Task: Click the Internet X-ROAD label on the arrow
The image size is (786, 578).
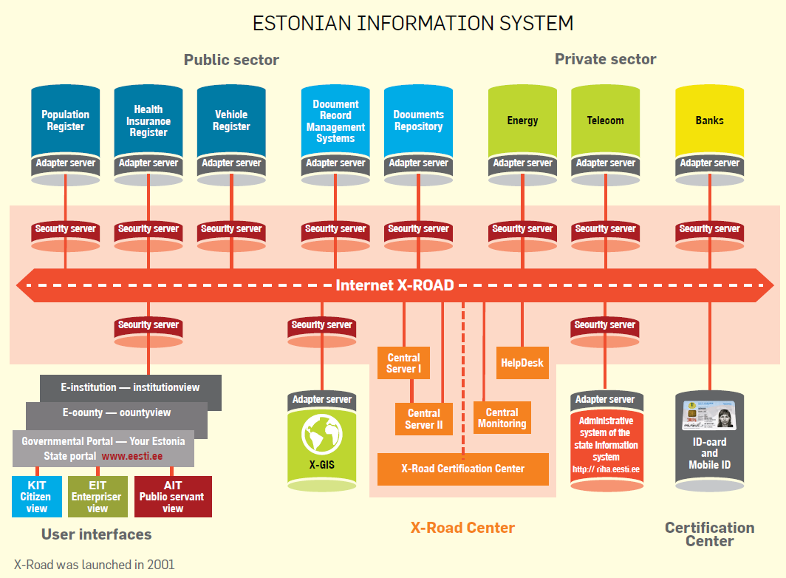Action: click(x=394, y=285)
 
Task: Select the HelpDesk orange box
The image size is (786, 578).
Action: click(x=522, y=363)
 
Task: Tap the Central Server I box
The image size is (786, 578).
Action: click(x=403, y=363)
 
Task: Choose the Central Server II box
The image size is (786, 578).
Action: click(x=423, y=418)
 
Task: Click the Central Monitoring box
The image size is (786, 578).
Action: click(x=502, y=418)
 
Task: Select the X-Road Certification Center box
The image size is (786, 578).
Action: click(x=462, y=469)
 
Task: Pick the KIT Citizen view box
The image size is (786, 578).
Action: click(x=36, y=496)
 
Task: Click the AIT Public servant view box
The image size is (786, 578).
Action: click(x=173, y=496)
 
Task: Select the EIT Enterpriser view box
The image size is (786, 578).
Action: click(x=98, y=496)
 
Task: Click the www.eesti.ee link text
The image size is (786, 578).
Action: click(x=132, y=456)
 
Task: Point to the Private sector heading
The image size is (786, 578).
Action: click(x=605, y=59)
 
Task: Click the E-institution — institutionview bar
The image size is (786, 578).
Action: click(x=130, y=387)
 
